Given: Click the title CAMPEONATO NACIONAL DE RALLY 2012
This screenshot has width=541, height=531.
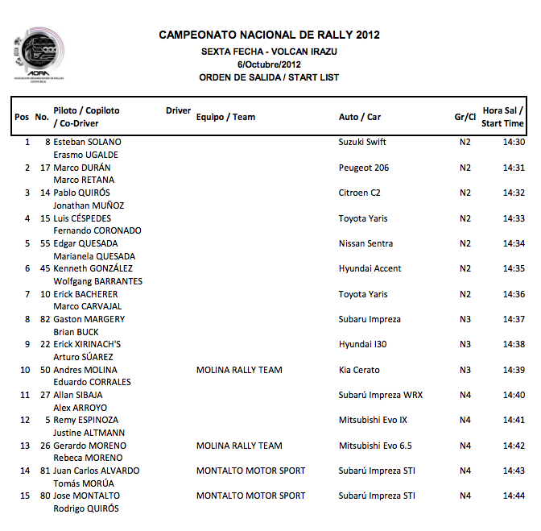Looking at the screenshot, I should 269,35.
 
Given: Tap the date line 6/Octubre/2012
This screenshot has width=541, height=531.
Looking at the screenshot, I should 269,64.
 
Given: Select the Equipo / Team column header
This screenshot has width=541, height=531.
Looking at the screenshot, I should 225,117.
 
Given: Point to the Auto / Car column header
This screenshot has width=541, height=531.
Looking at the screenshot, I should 360,117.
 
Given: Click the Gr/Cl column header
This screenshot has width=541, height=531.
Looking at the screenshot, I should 465,117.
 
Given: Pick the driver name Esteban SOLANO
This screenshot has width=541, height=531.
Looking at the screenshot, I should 88,142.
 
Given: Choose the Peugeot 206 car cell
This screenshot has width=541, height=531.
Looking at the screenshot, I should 364,168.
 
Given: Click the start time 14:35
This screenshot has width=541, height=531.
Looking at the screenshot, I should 514,268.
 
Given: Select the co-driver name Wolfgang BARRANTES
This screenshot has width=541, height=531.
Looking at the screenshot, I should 97,281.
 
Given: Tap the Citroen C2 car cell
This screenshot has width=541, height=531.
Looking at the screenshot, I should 360,193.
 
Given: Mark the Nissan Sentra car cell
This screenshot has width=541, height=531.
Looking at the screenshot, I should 366,243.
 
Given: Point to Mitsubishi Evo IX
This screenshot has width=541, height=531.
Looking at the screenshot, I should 373,421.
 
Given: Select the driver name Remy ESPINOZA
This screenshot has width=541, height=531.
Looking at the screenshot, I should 86,421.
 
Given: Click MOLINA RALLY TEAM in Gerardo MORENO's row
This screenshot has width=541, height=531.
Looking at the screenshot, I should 239,446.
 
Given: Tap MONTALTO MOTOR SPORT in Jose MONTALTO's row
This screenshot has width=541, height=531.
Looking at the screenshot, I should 251,496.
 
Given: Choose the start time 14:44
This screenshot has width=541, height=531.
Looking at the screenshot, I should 514,496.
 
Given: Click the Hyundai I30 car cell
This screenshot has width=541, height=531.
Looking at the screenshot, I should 363,344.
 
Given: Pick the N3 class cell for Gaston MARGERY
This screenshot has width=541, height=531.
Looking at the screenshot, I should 465,319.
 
